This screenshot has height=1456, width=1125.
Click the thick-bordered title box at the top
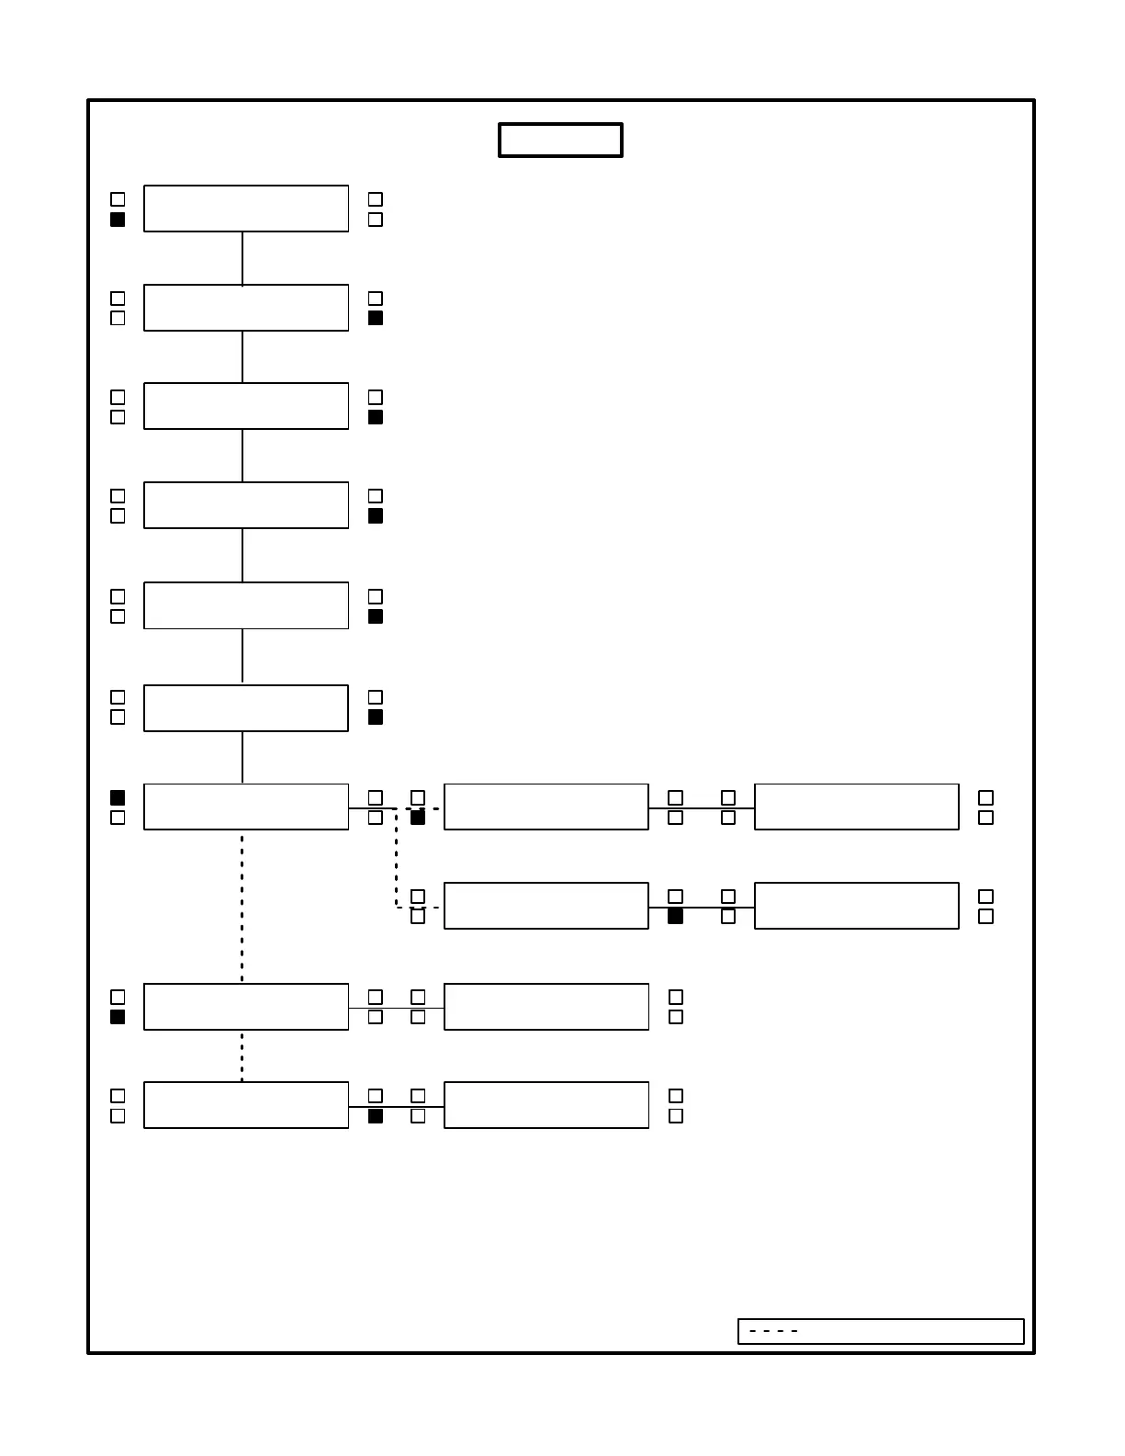click(560, 141)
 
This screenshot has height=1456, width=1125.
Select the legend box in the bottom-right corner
click(880, 1331)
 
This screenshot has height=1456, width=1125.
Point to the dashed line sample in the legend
click(773, 1331)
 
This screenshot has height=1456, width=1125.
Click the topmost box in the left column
click(246, 209)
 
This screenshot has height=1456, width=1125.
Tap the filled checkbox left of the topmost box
click(118, 220)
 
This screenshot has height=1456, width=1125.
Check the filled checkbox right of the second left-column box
click(375, 318)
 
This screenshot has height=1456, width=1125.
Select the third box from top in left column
click(246, 406)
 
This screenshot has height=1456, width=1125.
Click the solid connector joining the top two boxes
click(242, 258)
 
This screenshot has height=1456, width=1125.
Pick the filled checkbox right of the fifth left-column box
click(375, 616)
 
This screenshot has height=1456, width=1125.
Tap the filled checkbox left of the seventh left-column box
click(118, 797)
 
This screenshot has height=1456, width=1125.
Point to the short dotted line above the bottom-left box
click(242, 1055)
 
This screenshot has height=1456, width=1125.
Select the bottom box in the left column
click(246, 1105)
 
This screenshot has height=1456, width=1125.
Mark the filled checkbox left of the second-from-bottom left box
click(118, 1017)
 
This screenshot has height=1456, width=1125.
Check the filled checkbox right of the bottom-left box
click(375, 1116)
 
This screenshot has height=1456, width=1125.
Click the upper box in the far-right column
click(856, 807)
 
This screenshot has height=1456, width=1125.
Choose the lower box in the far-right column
click(856, 906)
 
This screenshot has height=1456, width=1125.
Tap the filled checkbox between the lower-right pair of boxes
click(675, 916)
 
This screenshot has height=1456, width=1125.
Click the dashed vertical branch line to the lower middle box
click(397, 859)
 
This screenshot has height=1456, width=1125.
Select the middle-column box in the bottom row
click(546, 1105)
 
